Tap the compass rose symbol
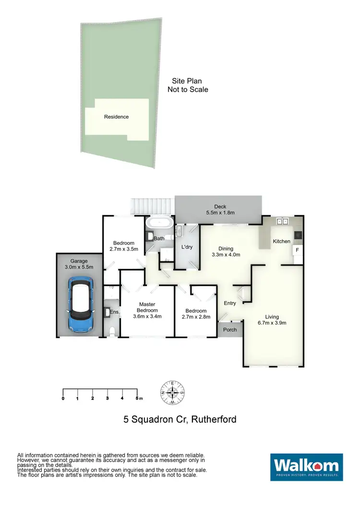point(173,392)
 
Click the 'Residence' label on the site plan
point(116,117)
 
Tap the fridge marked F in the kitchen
point(297,250)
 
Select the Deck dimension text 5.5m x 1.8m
point(220,213)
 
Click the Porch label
point(230,329)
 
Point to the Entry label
point(230,303)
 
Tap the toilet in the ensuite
point(111,331)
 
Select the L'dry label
point(187,246)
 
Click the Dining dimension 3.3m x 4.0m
point(226,255)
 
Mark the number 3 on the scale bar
point(108,398)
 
